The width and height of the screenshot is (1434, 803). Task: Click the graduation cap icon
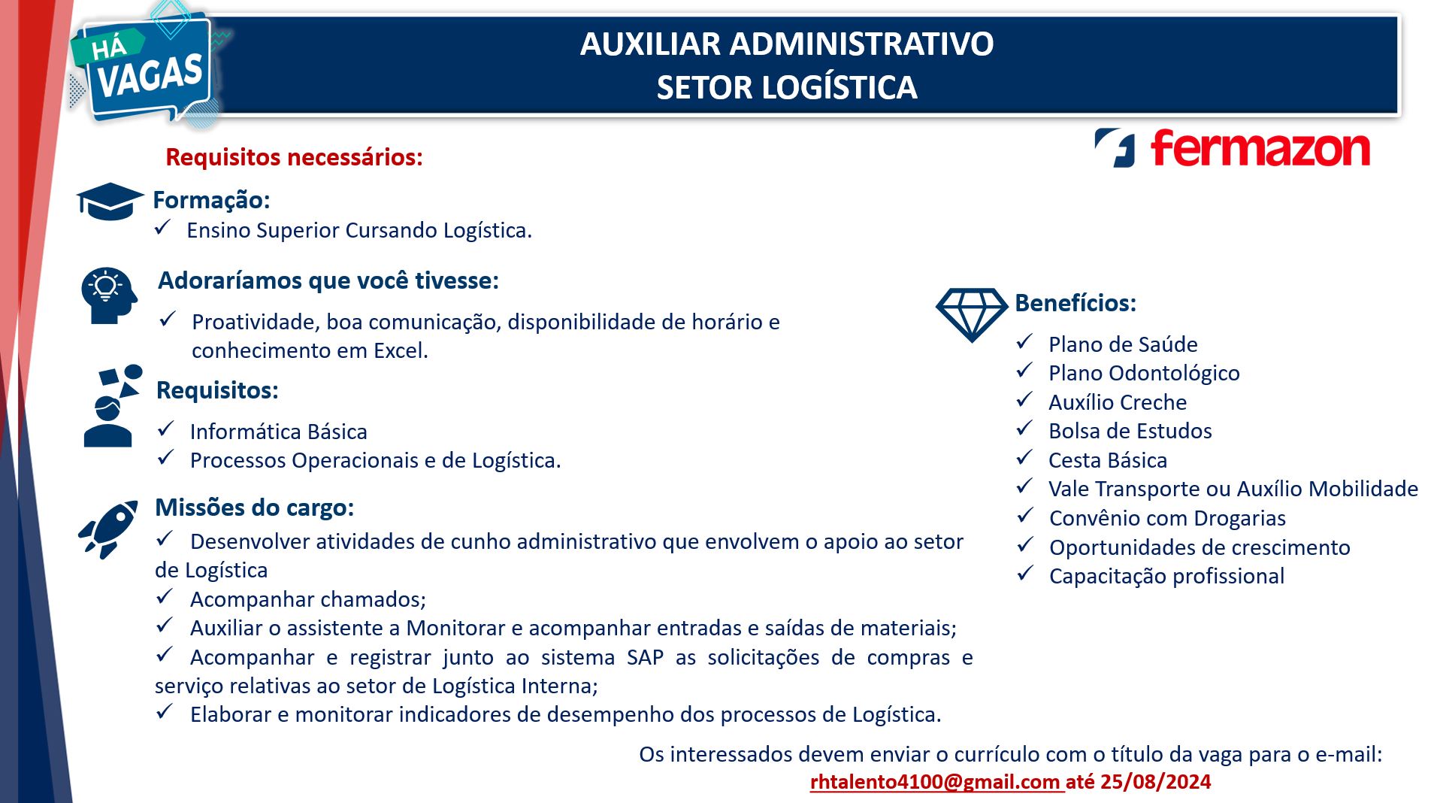pyautogui.click(x=110, y=201)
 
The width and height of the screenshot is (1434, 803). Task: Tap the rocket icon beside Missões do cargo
pyautogui.click(x=109, y=529)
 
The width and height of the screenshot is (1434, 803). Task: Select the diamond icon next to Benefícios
pyautogui.click(x=971, y=314)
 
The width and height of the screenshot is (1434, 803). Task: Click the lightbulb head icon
pyautogui.click(x=109, y=295)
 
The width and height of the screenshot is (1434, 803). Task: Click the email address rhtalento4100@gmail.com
pyautogui.click(x=935, y=782)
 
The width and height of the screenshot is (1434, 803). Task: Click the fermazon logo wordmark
pyautogui.click(x=1260, y=148)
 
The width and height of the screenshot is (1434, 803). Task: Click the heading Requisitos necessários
pyautogui.click(x=294, y=157)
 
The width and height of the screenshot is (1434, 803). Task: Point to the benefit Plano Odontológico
pyautogui.click(x=1143, y=373)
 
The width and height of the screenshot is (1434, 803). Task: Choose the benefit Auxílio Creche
pyautogui.click(x=1117, y=402)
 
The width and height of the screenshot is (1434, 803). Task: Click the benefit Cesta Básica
pyautogui.click(x=1107, y=460)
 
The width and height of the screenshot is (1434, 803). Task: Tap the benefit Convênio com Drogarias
pyautogui.click(x=1166, y=518)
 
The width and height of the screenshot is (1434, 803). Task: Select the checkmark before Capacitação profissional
pyautogui.click(x=1025, y=574)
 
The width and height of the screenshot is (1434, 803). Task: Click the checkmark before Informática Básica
pyautogui.click(x=165, y=429)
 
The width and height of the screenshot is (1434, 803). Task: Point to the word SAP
pyautogui.click(x=645, y=657)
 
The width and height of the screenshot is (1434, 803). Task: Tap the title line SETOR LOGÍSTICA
pyautogui.click(x=786, y=87)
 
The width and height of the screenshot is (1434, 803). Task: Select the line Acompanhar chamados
pyautogui.click(x=307, y=599)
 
